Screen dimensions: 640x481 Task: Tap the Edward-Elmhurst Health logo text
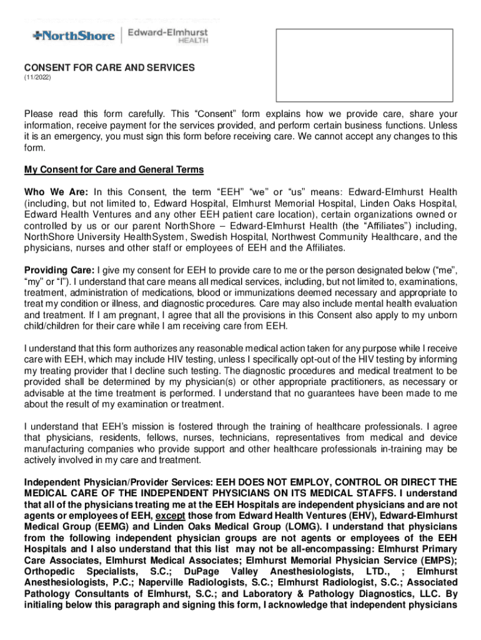pos(167,34)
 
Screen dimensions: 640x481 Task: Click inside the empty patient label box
pos(365,64)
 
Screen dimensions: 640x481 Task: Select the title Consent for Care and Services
pos(109,67)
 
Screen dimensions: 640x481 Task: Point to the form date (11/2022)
pos(37,79)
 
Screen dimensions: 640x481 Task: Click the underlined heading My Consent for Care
pos(114,170)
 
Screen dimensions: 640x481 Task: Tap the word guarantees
pos(344,393)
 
